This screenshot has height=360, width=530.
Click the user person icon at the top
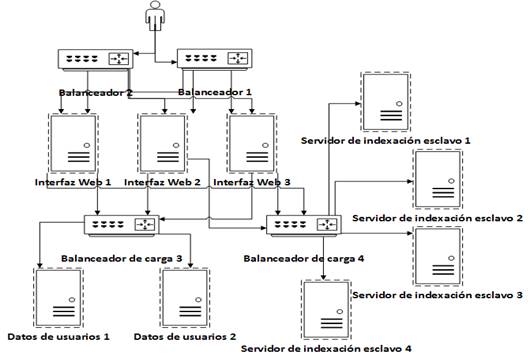pyautogui.click(x=153, y=17)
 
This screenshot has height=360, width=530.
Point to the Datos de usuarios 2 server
pyautogui.click(x=184, y=296)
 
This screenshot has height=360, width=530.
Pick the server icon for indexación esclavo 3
pyautogui.click(x=437, y=258)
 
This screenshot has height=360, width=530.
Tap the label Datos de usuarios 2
pyautogui.click(x=184, y=337)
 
